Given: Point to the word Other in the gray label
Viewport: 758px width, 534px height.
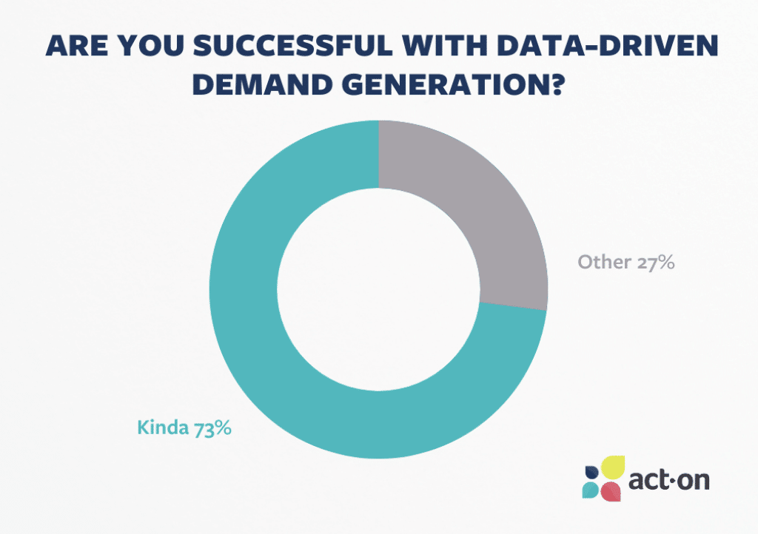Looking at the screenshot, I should click(x=603, y=262).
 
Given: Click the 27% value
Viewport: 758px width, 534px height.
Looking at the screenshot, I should click(x=654, y=262).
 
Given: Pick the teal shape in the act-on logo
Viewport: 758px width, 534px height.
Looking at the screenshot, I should click(x=591, y=490).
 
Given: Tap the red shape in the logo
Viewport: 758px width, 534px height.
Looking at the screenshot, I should click(x=610, y=491).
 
